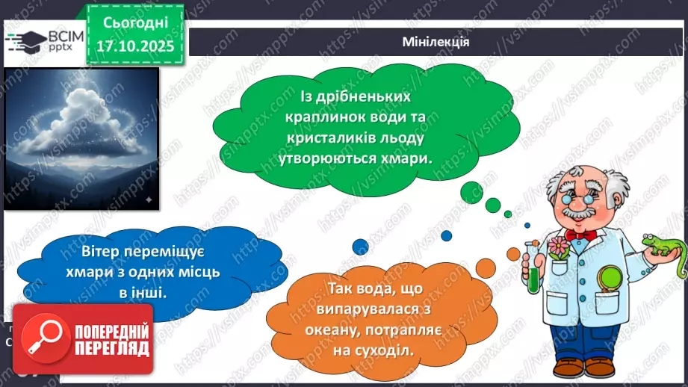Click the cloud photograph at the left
click(81, 137)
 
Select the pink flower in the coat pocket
click(557, 247)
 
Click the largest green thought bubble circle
click(469, 192)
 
